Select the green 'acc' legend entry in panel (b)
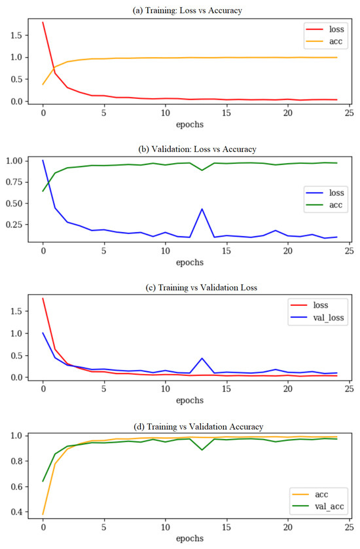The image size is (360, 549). click(x=325, y=206)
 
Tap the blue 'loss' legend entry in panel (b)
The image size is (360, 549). click(x=325, y=193)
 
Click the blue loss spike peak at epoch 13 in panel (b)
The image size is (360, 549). click(x=202, y=209)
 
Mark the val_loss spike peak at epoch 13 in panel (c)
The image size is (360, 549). click(x=202, y=358)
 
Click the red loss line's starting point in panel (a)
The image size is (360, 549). click(x=43, y=22)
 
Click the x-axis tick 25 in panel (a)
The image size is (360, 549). click(x=349, y=111)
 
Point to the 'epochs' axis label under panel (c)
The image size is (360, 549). click(x=190, y=399)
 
